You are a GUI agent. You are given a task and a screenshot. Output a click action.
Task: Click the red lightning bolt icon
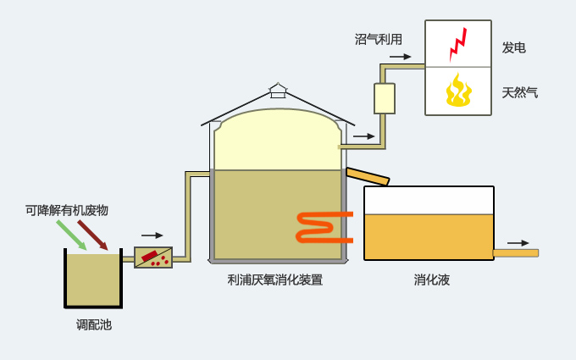(x=458, y=44)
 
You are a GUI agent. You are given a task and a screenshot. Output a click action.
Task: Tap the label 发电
(x=514, y=47)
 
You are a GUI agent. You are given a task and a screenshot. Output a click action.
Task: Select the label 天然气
(x=520, y=92)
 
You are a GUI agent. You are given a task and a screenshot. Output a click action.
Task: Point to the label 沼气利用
(x=379, y=39)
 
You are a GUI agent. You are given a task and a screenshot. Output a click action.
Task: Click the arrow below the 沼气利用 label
(x=400, y=57)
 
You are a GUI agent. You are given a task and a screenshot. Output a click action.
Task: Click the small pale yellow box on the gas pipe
(x=385, y=98)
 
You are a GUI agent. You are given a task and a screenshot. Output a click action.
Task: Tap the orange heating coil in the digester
(x=324, y=227)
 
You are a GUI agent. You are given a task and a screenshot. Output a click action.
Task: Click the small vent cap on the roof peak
(x=278, y=91)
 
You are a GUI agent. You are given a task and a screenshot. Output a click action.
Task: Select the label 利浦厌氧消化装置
(x=275, y=280)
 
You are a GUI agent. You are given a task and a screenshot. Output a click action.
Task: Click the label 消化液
(x=432, y=280)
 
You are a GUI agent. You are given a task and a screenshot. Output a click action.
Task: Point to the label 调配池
(x=94, y=324)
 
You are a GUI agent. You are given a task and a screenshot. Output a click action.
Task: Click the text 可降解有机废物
(x=67, y=210)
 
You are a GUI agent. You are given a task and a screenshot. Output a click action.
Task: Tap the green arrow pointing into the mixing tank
(x=71, y=235)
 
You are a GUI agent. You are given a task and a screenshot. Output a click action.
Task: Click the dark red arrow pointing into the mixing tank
(x=92, y=235)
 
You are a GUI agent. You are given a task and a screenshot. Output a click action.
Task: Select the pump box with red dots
(x=153, y=258)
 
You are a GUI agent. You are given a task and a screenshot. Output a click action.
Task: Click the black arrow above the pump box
(x=152, y=235)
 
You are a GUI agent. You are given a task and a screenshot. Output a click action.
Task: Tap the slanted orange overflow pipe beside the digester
(x=368, y=176)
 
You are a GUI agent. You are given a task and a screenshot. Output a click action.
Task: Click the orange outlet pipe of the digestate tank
(x=516, y=253)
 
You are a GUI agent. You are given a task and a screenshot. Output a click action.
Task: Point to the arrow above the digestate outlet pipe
(x=518, y=243)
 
